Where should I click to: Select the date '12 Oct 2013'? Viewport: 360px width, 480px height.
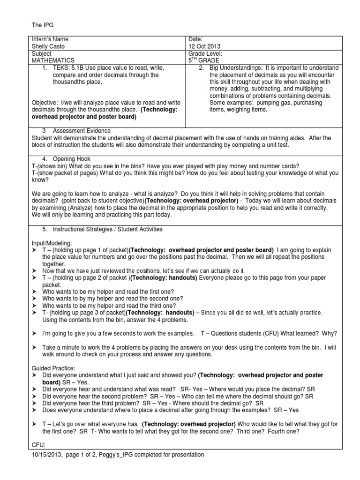point(204,46)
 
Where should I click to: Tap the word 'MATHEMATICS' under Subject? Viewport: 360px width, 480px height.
point(53,60)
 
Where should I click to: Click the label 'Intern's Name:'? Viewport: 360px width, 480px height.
point(50,40)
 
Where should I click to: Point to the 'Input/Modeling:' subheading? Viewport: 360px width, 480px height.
point(52,243)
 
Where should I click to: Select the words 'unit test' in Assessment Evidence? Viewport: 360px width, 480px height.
point(267,144)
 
